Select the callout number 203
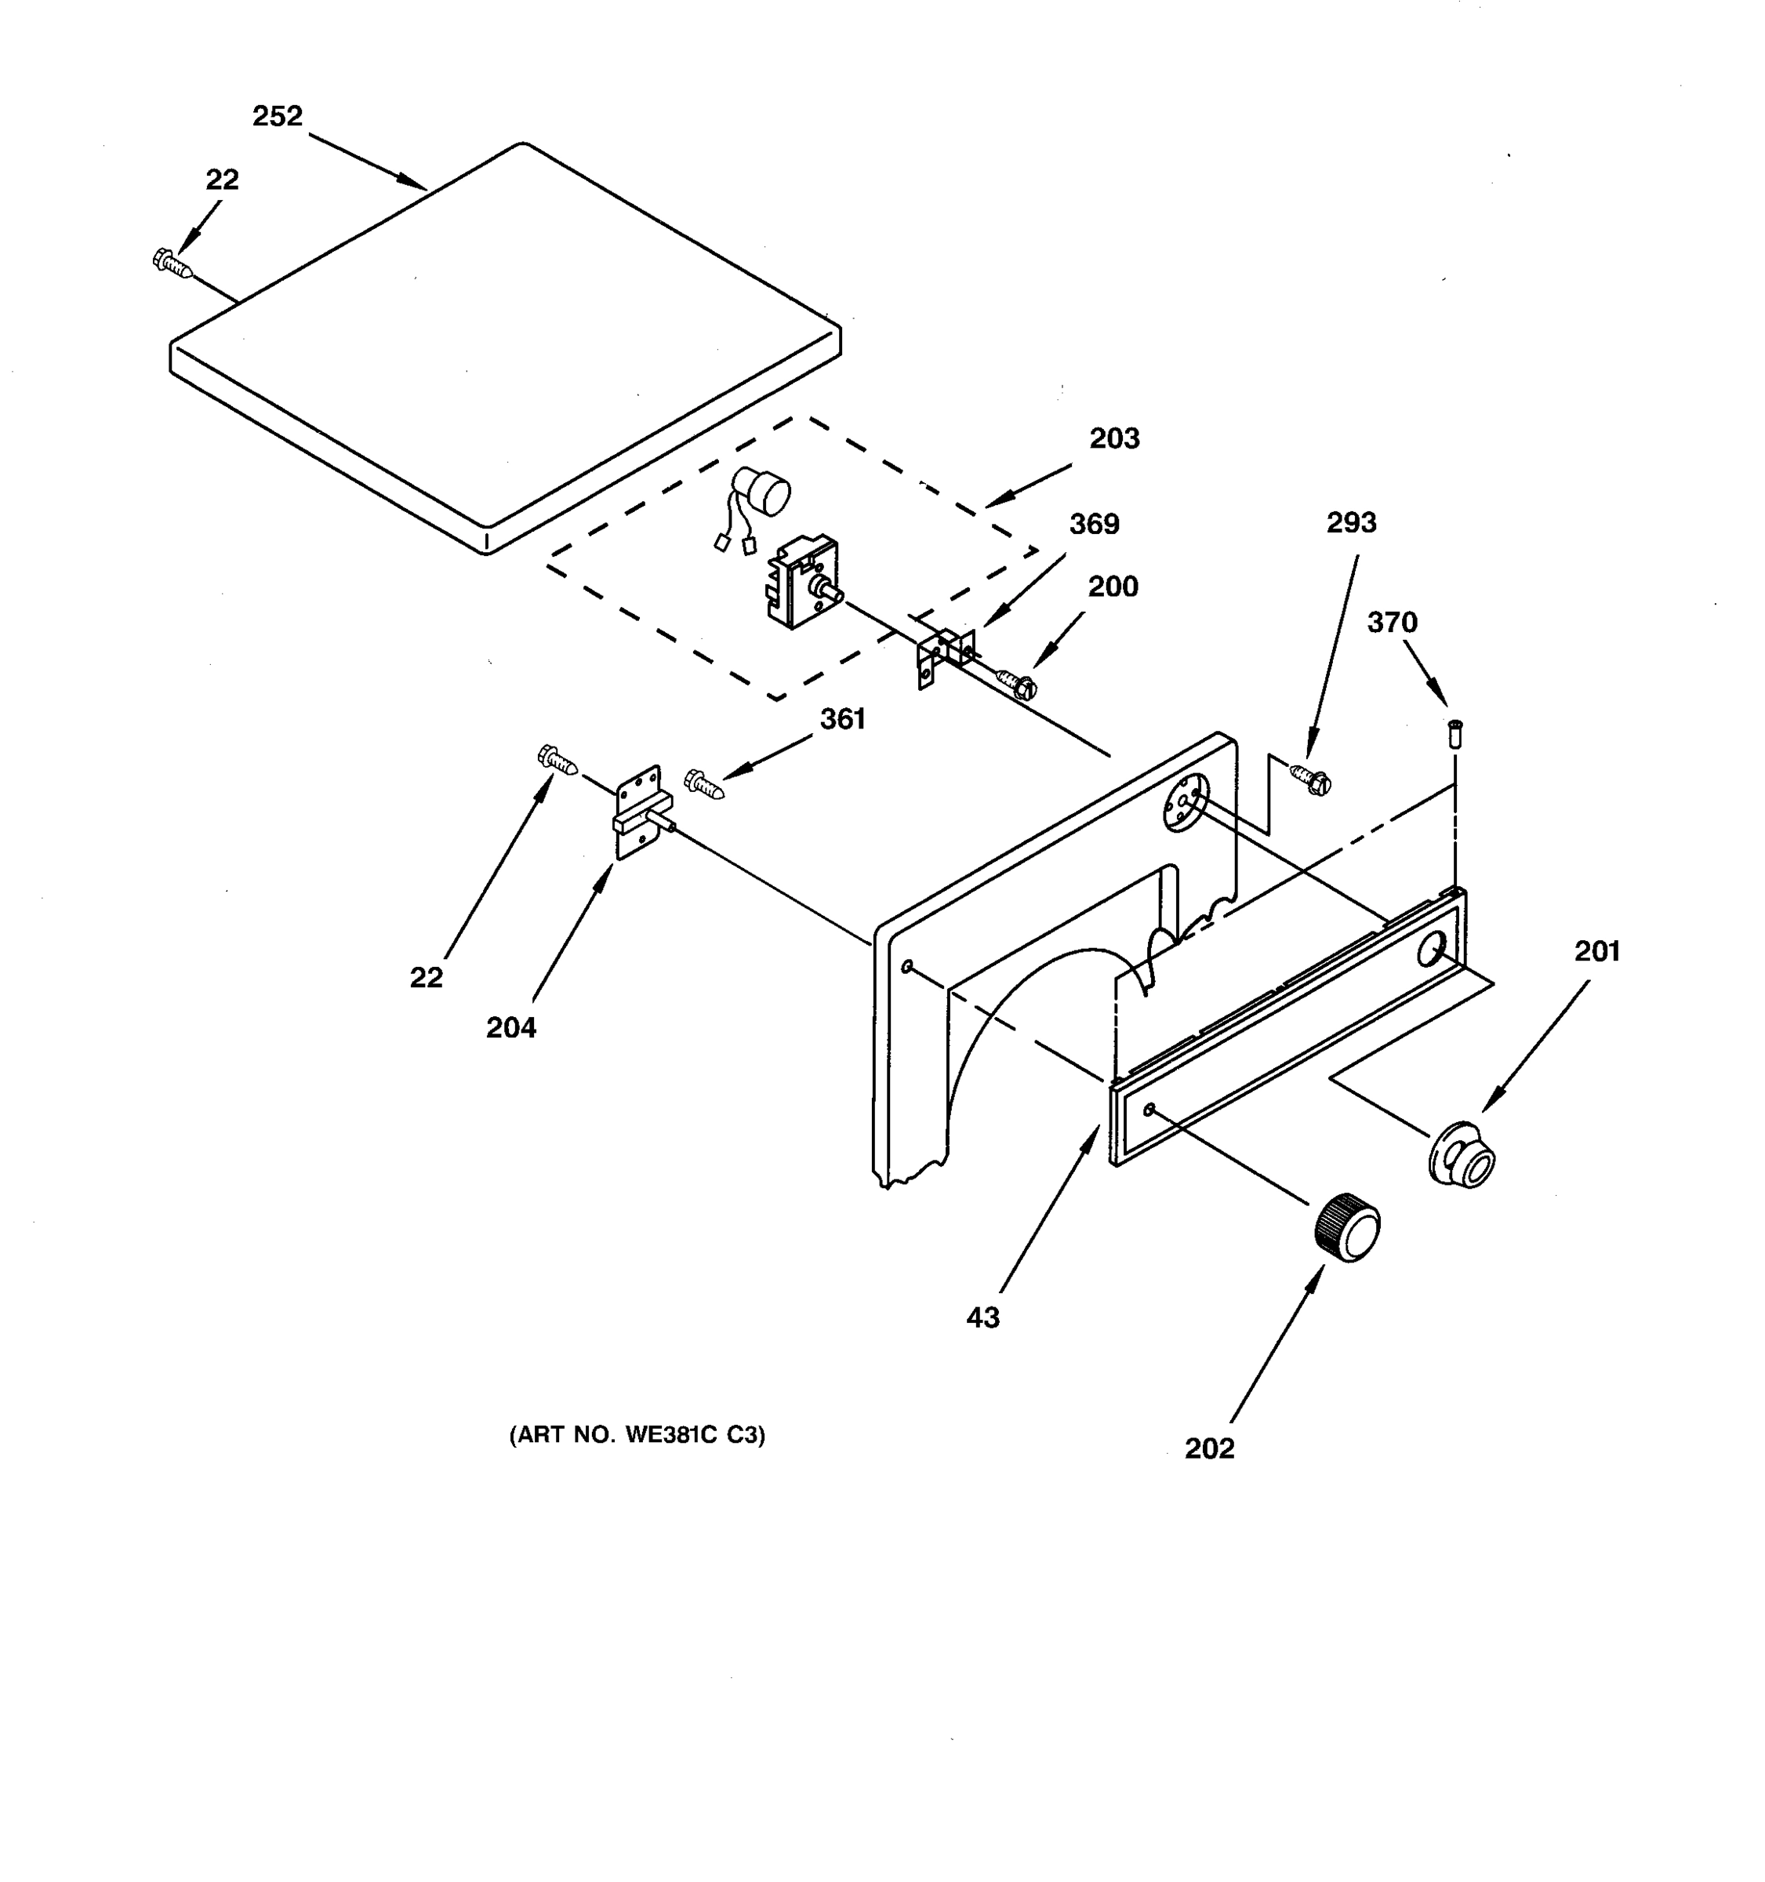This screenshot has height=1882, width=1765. (1114, 438)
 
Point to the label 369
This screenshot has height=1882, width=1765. (1094, 524)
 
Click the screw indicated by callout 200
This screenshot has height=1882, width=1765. (1016, 684)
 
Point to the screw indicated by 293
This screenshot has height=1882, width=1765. (1311, 780)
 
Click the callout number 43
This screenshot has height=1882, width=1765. (982, 1317)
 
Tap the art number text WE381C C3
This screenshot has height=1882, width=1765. (637, 1434)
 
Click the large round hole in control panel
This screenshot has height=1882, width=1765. (1430, 949)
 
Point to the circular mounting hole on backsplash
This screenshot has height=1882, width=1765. (1184, 801)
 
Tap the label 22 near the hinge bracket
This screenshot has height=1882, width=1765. (426, 978)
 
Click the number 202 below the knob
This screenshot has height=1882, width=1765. (1210, 1448)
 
